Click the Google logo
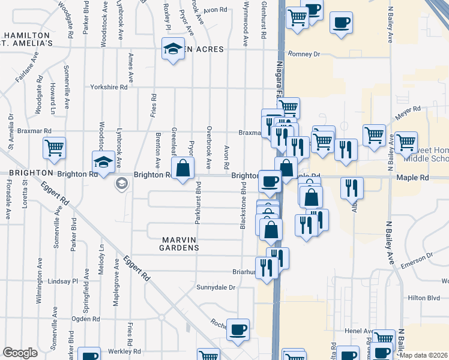tap(19, 353)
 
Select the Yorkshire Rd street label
tap(109, 87)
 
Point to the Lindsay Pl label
tap(63, 281)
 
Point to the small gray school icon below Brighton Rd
tap(122, 184)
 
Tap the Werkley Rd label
tap(124, 351)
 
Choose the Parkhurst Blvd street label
tap(197, 204)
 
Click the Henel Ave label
tap(359, 331)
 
